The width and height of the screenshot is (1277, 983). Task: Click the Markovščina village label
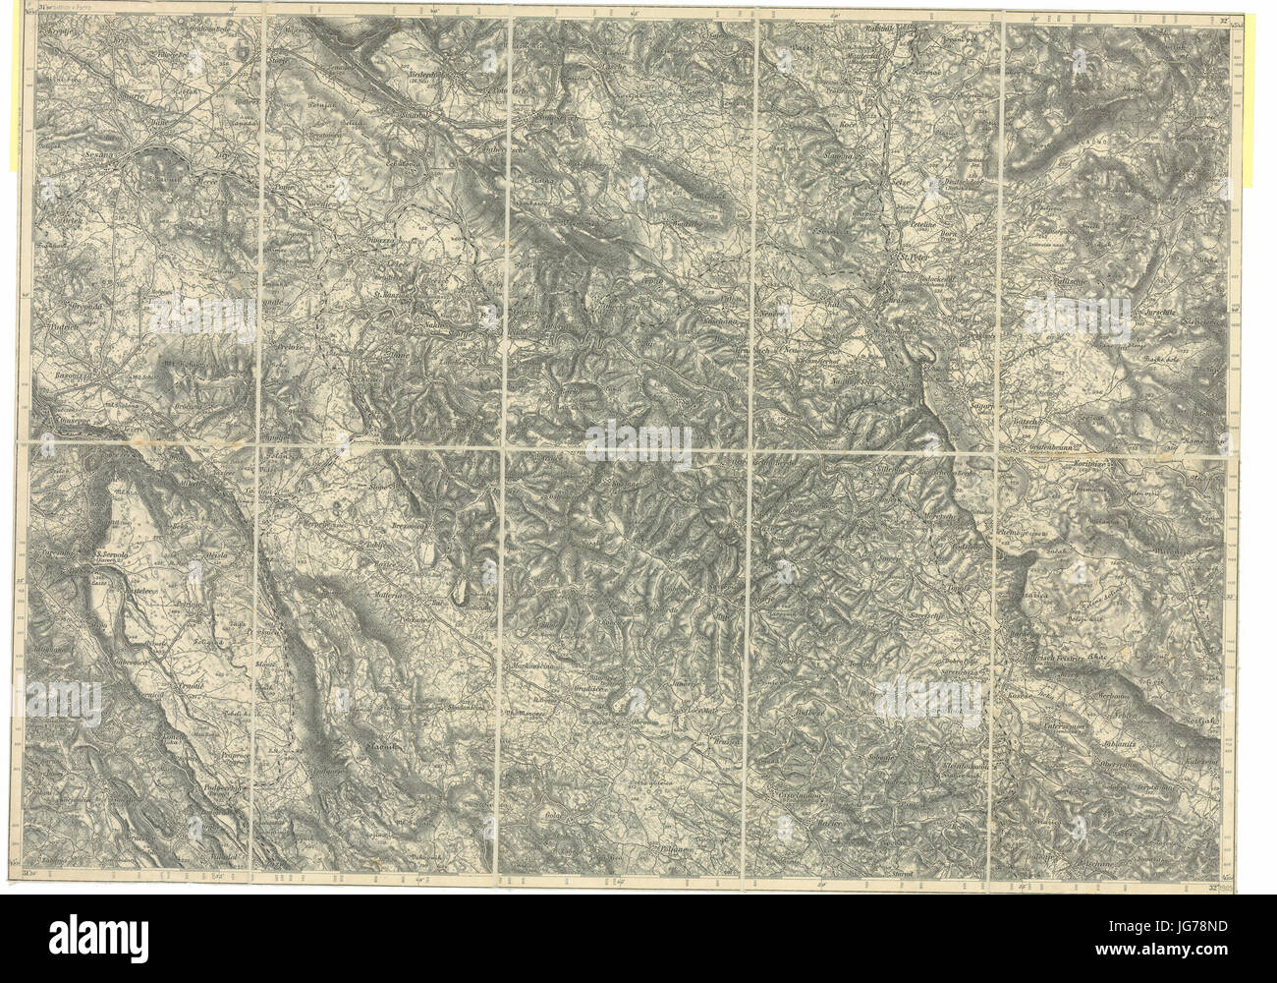tap(535, 665)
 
